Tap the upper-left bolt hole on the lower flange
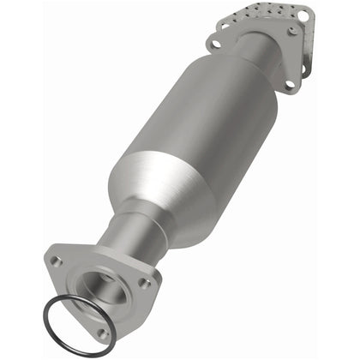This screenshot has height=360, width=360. tap(56, 258)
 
